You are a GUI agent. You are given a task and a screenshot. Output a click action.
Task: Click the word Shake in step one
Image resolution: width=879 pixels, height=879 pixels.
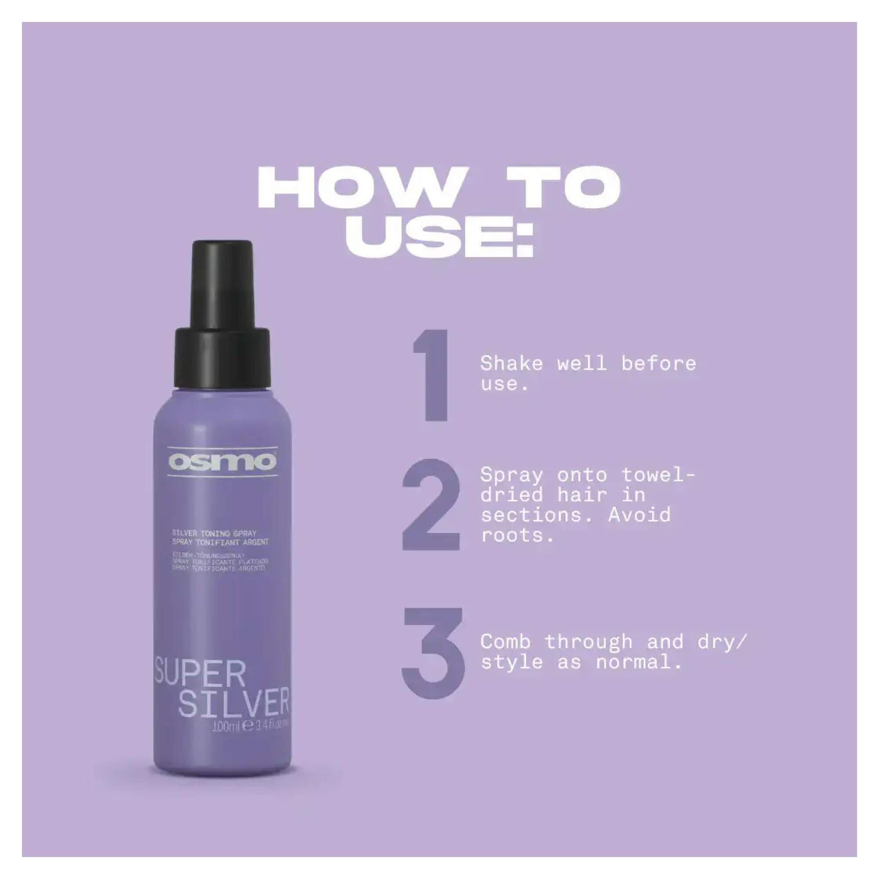(x=512, y=363)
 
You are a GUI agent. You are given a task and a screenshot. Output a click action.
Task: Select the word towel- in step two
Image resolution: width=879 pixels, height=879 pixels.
(x=658, y=476)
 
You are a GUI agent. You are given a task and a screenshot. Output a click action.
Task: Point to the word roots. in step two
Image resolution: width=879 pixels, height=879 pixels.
(x=517, y=535)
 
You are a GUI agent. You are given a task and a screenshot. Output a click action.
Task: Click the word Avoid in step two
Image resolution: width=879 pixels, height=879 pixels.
(x=639, y=516)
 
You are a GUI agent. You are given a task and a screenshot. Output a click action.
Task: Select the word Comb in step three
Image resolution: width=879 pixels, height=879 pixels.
(x=505, y=642)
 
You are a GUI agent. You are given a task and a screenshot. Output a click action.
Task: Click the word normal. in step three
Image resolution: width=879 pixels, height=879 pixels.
(x=639, y=662)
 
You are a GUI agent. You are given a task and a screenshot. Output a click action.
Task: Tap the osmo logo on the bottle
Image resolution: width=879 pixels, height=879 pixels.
(x=222, y=462)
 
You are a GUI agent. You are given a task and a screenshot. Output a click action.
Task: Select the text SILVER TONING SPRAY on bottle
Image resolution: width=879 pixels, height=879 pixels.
(x=214, y=533)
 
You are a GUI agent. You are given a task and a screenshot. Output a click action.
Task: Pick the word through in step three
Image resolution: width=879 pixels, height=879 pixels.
(x=588, y=642)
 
